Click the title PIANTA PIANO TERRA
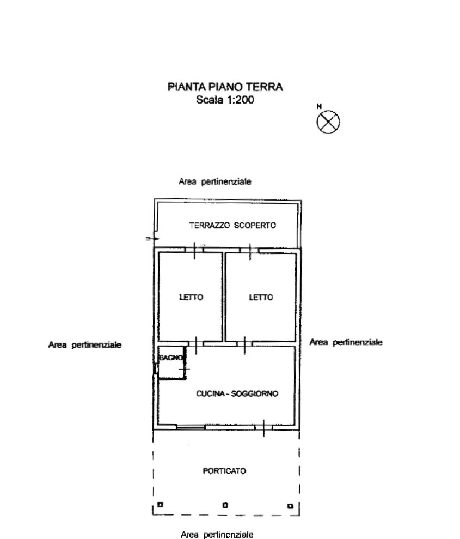[225, 87]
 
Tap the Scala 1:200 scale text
[225, 100]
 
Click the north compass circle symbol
[328, 122]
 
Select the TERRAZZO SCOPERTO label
[232, 225]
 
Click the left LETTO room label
[191, 297]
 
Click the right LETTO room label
[261, 297]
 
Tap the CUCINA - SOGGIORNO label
[237, 393]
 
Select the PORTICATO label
[224, 471]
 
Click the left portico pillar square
[160, 505]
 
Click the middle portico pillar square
[225, 505]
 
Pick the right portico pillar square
[290, 506]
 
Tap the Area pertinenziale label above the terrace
[215, 181]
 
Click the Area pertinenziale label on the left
[85, 345]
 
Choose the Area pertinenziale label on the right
[346, 342]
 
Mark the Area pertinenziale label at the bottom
[217, 535]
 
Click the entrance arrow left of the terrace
[153, 239]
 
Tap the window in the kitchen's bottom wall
[191, 427]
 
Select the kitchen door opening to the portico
[263, 428]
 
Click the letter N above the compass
[319, 107]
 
